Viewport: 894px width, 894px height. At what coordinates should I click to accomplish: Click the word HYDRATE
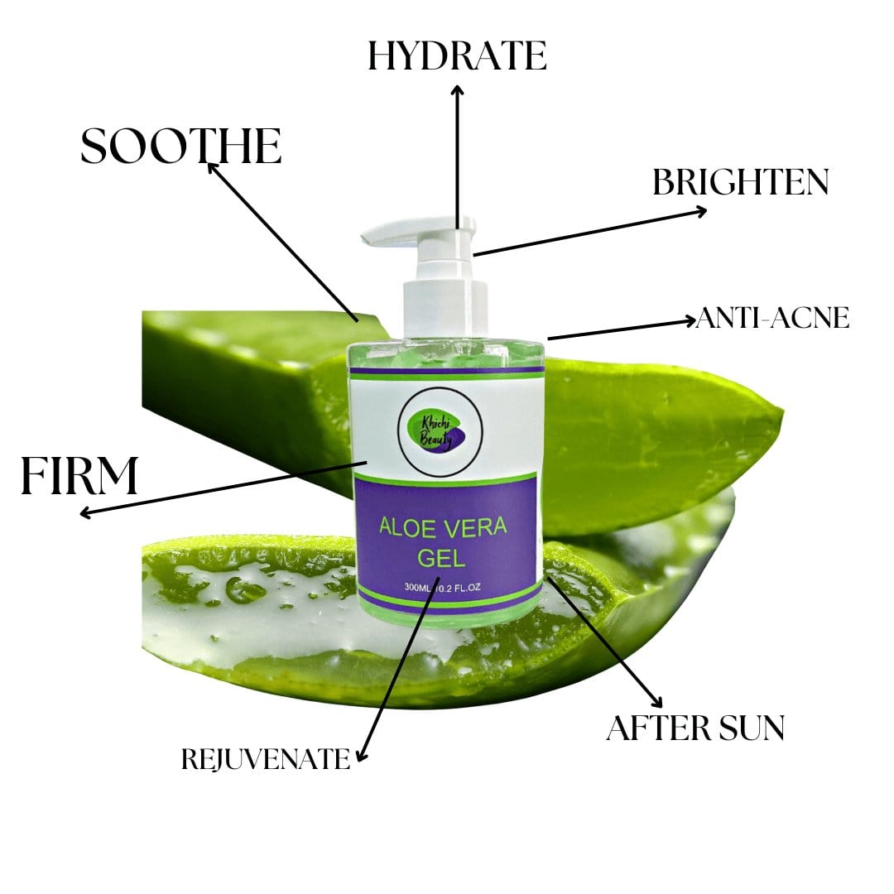pyautogui.click(x=457, y=56)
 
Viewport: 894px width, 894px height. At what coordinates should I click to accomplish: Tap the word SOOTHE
pyautogui.click(x=180, y=147)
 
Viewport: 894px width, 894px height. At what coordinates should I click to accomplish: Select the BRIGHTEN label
pyautogui.click(x=740, y=183)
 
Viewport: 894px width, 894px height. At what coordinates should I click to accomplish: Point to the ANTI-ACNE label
pyautogui.click(x=772, y=318)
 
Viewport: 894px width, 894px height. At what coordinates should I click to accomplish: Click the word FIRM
pyautogui.click(x=79, y=477)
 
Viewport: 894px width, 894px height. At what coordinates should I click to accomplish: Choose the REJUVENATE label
pyautogui.click(x=265, y=759)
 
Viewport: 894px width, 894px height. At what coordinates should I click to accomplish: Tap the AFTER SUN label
pyautogui.click(x=695, y=728)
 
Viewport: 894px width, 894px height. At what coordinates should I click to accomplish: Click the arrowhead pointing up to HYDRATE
pyautogui.click(x=457, y=89)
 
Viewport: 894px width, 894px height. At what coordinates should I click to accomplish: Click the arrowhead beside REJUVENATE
pyautogui.click(x=360, y=754)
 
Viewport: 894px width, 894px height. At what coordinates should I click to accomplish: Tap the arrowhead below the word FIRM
pyautogui.click(x=85, y=513)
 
